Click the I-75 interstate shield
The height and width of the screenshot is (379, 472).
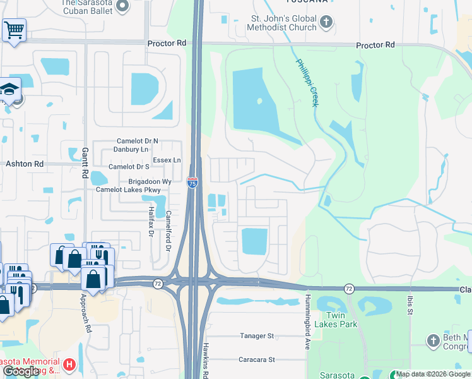coord(192,183)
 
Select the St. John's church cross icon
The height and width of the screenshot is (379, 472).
coord(326,23)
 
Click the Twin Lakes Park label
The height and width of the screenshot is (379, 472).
coord(341,320)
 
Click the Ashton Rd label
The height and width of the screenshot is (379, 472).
coord(25,164)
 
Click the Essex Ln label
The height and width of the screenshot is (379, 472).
coord(167,160)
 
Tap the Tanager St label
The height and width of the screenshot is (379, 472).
coord(256,336)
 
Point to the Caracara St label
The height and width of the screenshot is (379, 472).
coord(257,359)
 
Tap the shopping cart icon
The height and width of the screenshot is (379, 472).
coord(13,29)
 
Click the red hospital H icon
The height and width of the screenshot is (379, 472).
coord(69,364)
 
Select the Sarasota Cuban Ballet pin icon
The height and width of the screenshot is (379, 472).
coord(122,6)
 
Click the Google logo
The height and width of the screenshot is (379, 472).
coord(21,371)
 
